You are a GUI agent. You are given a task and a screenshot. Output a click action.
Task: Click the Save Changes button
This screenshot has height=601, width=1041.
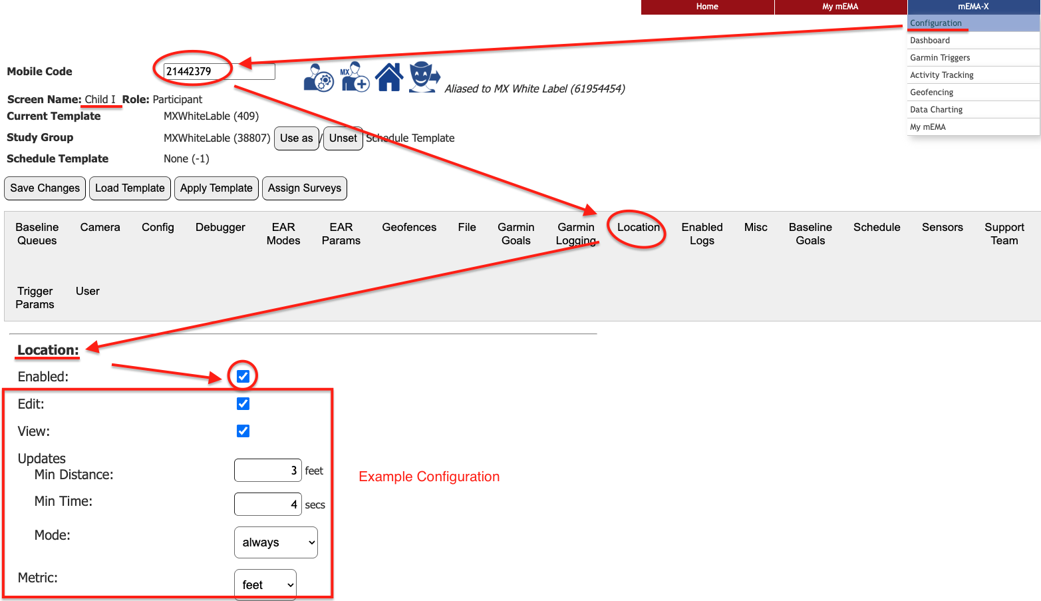pyautogui.click(x=45, y=188)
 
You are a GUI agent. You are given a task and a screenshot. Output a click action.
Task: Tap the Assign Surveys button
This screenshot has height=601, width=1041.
pyautogui.click(x=304, y=188)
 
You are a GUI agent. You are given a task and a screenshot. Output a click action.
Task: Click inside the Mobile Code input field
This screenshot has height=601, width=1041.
pyautogui.click(x=218, y=72)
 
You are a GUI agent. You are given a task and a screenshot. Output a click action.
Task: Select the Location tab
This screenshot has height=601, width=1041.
pyautogui.click(x=638, y=228)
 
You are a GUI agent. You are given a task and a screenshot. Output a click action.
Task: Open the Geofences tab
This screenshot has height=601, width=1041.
pyautogui.click(x=409, y=228)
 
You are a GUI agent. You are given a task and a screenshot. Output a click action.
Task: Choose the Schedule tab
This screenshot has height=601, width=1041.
pyautogui.click(x=877, y=228)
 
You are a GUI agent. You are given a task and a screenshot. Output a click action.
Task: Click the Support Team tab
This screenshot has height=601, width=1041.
pyautogui.click(x=1004, y=234)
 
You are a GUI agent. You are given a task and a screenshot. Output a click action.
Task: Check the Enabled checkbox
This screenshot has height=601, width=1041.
pyautogui.click(x=243, y=377)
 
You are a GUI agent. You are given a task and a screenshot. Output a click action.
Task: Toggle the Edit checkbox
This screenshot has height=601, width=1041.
pyautogui.click(x=243, y=404)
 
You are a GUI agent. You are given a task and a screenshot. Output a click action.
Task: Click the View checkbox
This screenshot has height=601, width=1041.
pyautogui.click(x=243, y=431)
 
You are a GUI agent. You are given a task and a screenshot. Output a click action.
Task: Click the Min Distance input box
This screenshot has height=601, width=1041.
pyautogui.click(x=267, y=471)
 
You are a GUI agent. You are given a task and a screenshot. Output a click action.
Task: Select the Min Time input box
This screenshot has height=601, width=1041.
pyautogui.click(x=267, y=504)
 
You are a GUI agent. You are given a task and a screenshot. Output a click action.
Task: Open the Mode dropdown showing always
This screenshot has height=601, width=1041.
pyautogui.click(x=275, y=542)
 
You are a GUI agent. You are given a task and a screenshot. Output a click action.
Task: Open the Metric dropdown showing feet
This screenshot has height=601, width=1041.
pyautogui.click(x=265, y=585)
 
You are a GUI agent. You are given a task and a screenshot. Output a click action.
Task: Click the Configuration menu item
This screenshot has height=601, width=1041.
pyautogui.click(x=936, y=23)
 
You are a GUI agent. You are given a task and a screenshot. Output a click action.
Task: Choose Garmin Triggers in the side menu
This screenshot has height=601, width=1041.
pyautogui.click(x=940, y=58)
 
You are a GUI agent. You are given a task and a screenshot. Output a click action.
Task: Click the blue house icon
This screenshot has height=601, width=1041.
pyautogui.click(x=389, y=77)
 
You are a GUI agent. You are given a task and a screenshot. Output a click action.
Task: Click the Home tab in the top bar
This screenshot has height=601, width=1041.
pyautogui.click(x=707, y=7)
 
